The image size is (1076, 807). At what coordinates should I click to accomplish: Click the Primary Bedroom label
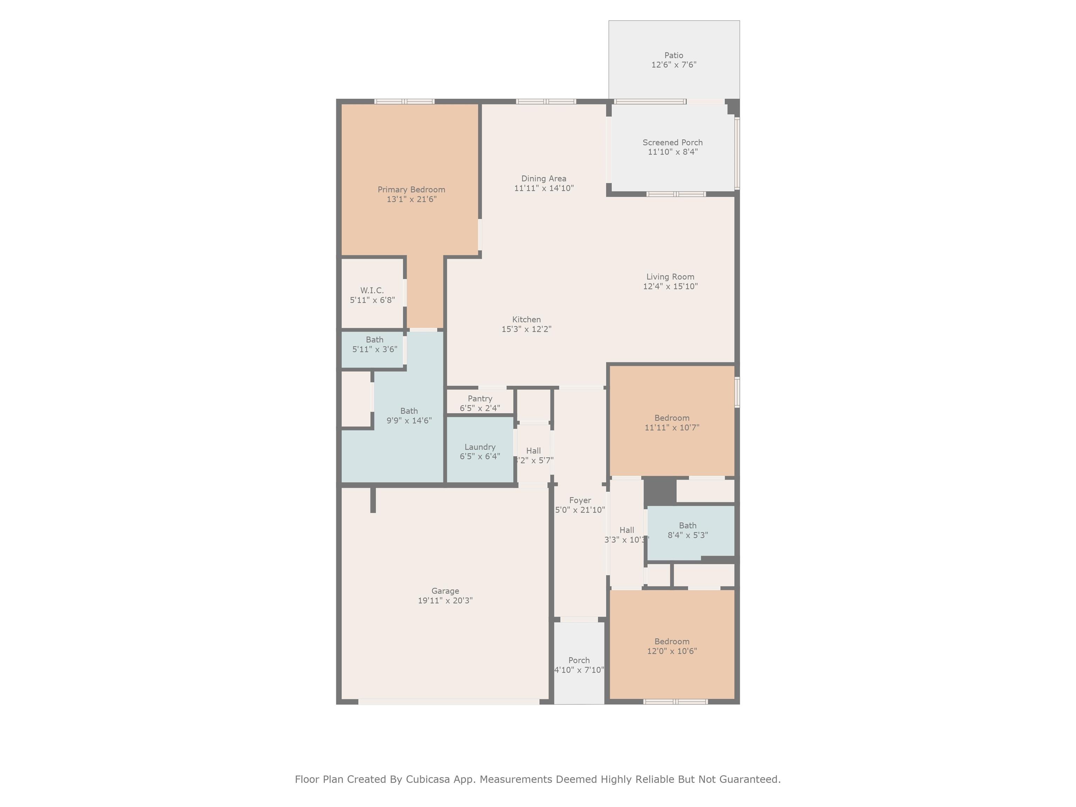pos(411,190)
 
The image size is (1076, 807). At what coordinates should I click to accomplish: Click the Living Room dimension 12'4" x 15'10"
pos(670,287)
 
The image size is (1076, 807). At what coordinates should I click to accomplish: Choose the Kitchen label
pos(526,319)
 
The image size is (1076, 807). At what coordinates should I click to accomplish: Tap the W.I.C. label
pos(372,290)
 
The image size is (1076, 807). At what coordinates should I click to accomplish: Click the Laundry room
pos(480,450)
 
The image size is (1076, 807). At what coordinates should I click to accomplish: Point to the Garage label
pos(445,591)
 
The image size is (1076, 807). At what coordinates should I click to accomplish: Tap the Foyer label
pos(580,501)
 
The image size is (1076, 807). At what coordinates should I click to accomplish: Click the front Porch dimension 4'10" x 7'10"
pos(579,670)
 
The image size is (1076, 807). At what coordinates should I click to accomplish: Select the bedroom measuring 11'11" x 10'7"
pos(672,421)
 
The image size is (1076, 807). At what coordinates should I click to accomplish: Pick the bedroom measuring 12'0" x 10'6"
pos(672,644)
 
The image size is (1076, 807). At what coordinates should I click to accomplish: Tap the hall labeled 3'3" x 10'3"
pos(627,534)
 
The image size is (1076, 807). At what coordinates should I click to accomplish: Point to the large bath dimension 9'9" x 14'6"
pos(409,421)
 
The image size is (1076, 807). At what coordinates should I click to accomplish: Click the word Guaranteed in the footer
pos(750,779)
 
